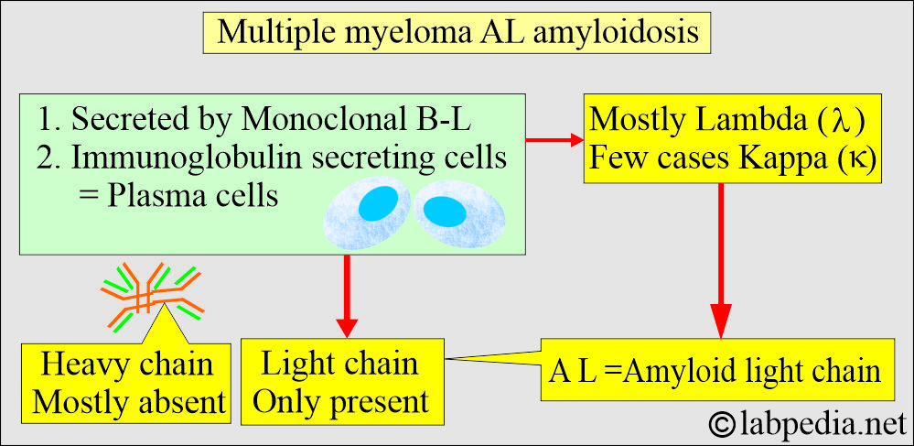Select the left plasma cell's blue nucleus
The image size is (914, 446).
(x=378, y=203)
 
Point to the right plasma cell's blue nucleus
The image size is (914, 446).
(x=444, y=212)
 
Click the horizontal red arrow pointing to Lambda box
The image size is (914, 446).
(x=555, y=140)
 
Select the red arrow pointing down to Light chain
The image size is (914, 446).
(x=347, y=296)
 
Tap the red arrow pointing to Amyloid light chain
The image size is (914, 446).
(x=721, y=260)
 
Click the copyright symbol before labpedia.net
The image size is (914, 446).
(x=723, y=424)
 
